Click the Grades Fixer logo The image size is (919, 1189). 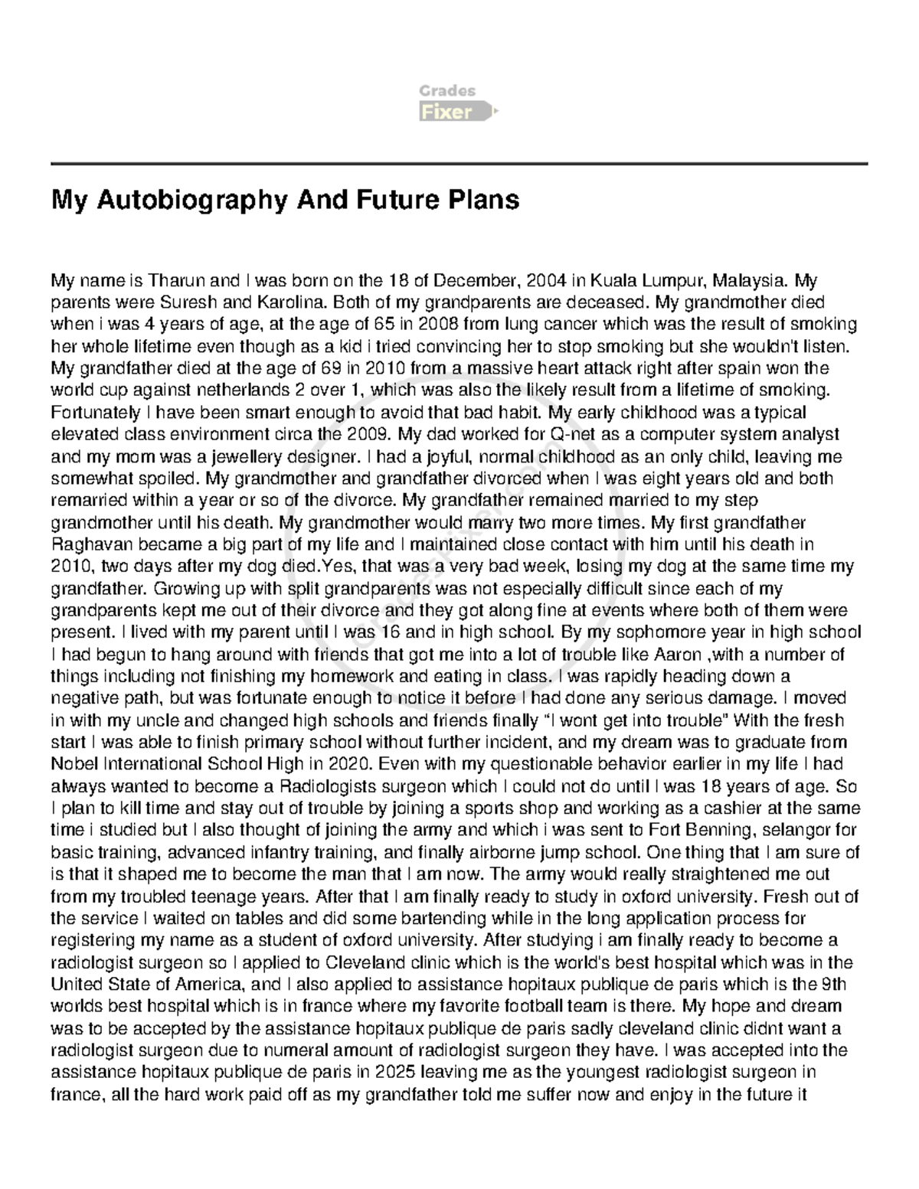point(458,103)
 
